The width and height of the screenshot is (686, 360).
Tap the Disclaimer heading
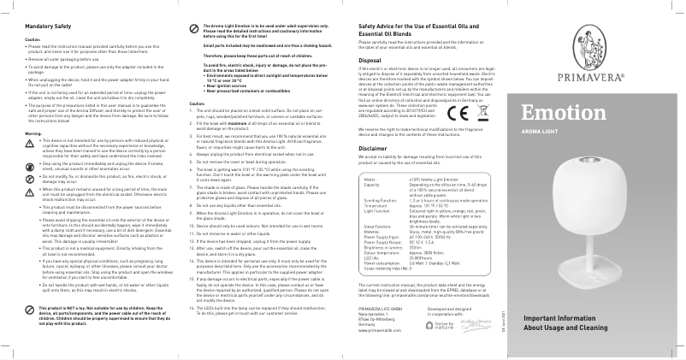(x=374, y=147)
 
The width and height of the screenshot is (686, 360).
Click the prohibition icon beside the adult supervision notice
(x=194, y=28)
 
